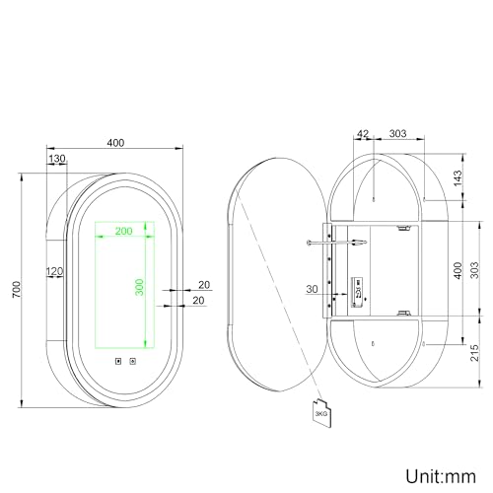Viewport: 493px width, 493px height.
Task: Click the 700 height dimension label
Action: point(14,288)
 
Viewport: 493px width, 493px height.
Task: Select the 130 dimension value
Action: point(56,158)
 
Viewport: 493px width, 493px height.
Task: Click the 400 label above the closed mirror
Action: point(114,143)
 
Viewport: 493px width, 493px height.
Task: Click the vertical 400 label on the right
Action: point(457,270)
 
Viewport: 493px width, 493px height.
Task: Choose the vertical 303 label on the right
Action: point(474,270)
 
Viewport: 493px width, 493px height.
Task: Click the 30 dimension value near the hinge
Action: point(313,288)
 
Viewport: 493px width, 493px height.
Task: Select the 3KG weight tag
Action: point(319,414)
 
